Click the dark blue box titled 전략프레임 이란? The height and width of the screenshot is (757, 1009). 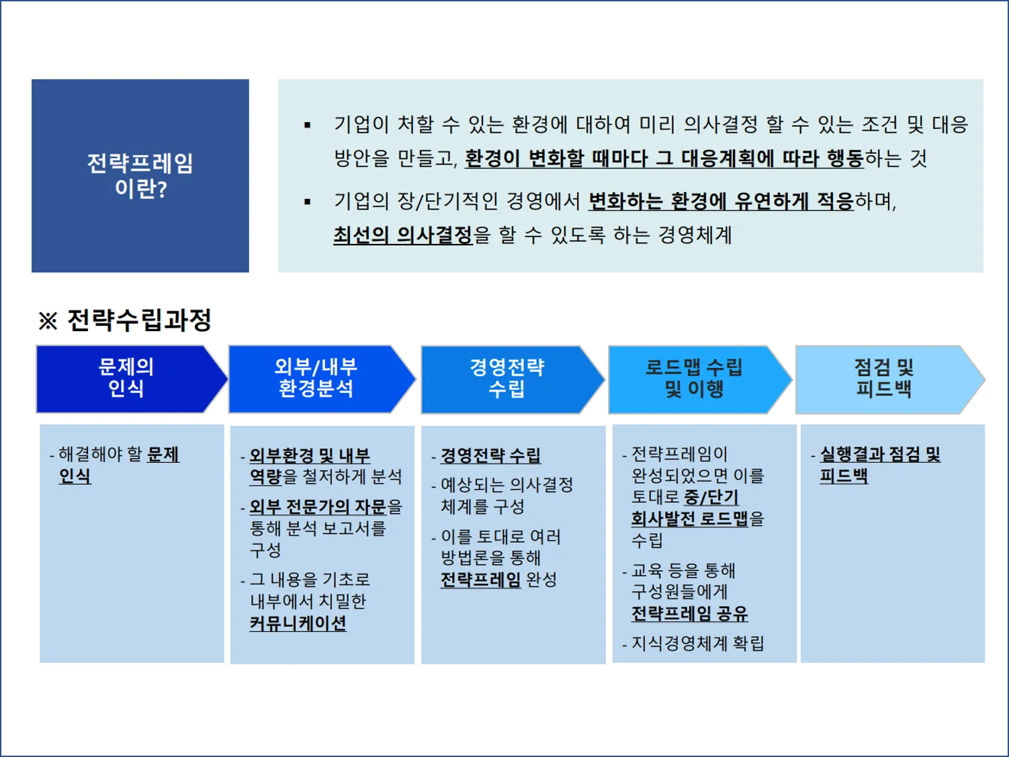[x=140, y=175]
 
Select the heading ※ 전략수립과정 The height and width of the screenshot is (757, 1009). [x=126, y=320]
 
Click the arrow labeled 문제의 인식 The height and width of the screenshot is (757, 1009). [x=126, y=378]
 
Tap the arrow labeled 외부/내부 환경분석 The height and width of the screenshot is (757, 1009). [x=316, y=378]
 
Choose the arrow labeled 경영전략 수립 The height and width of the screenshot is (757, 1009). [x=507, y=379]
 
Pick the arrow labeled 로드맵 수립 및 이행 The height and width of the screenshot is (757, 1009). [x=694, y=379]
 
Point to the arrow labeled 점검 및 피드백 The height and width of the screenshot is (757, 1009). [x=883, y=379]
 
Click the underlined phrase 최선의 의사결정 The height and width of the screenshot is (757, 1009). [x=403, y=235]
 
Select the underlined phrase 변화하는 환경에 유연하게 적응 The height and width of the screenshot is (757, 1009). [x=720, y=201]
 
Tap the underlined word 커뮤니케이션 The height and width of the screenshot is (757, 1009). [x=298, y=623]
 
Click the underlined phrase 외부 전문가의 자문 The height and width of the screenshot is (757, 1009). [x=318, y=506]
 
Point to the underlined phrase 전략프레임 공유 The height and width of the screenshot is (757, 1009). [x=689, y=614]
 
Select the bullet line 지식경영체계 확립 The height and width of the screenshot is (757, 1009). [x=697, y=643]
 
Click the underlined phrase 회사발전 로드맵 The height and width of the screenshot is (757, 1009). [x=689, y=519]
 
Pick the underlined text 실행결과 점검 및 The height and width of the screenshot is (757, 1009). [x=880, y=455]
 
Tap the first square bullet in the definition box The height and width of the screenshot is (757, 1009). [x=308, y=125]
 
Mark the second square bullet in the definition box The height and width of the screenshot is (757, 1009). [x=308, y=202]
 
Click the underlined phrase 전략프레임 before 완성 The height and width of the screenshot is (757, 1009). [x=480, y=580]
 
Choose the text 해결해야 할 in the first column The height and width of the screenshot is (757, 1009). [x=101, y=455]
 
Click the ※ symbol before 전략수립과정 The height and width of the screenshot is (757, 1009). [x=48, y=321]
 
